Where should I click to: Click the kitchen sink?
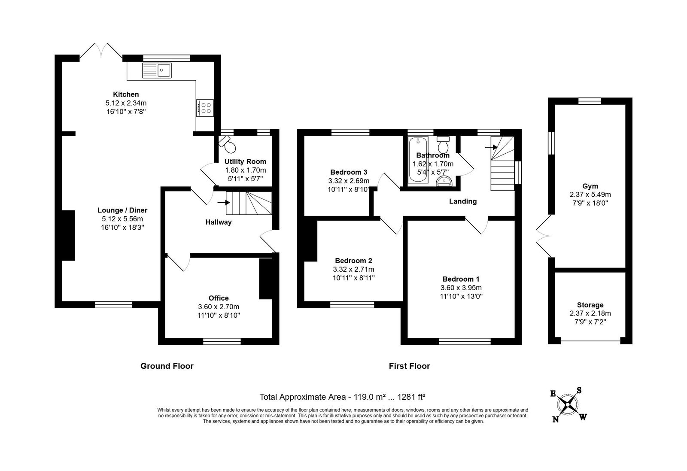click(x=157, y=70)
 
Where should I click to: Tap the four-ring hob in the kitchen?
click(x=205, y=108)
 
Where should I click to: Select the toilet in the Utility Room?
click(x=227, y=144)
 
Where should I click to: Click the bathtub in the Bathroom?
click(x=418, y=160)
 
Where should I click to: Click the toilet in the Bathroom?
click(x=443, y=145)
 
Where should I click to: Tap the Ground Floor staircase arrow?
click(x=223, y=202)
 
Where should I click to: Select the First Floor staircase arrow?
click(x=491, y=147)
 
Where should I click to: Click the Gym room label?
click(x=590, y=186)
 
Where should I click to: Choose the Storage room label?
click(x=590, y=305)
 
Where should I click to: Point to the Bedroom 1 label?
click(x=461, y=279)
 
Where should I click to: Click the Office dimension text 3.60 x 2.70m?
click(x=219, y=307)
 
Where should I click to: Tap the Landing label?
click(x=463, y=201)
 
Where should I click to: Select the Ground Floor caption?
click(x=167, y=366)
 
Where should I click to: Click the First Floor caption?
click(x=410, y=366)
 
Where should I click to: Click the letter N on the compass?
click(x=556, y=419)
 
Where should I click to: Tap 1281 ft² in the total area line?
click(x=411, y=397)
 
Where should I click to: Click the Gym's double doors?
click(x=544, y=236)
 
